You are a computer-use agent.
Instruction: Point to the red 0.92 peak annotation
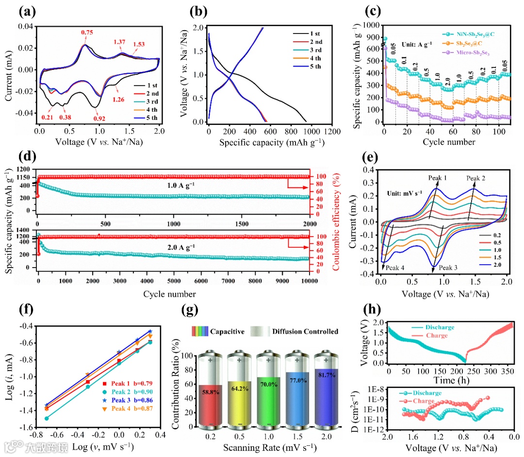98,118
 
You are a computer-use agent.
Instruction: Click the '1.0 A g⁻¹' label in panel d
177,186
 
